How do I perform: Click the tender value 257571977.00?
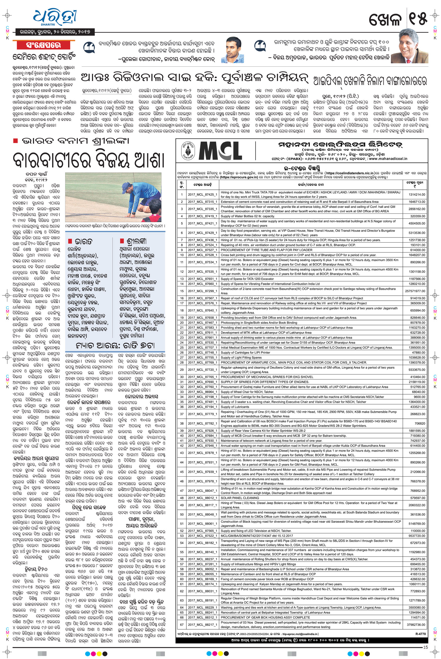415,291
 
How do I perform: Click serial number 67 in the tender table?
182,625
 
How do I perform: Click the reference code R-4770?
420,634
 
